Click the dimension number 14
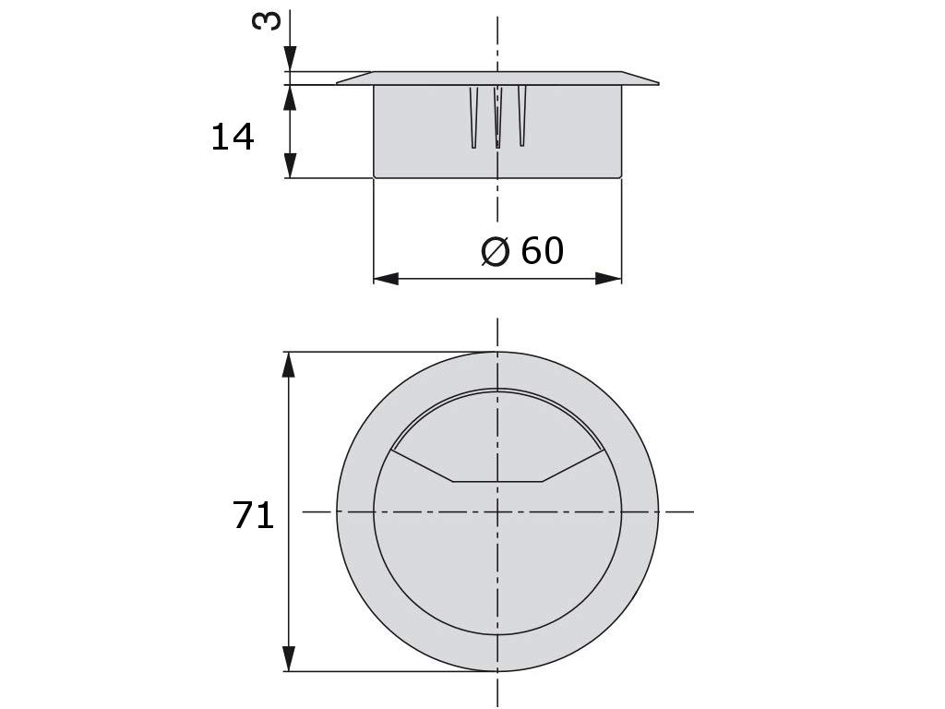(x=233, y=137)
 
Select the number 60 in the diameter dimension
(x=543, y=250)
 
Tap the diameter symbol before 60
(x=496, y=251)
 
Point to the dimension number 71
(x=253, y=515)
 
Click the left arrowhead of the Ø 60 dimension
(x=387, y=279)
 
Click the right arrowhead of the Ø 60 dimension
(x=608, y=279)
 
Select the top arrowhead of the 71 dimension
(x=289, y=365)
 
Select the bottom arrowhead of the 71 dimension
(x=289, y=658)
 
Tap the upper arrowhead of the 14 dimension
(x=291, y=98)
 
